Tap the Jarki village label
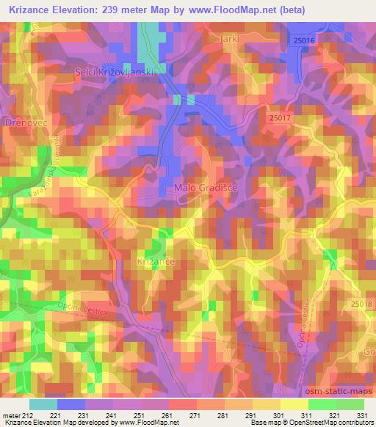coord(229,37)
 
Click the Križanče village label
coord(152,260)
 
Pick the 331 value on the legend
coord(363,415)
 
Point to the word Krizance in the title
coord(29,10)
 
